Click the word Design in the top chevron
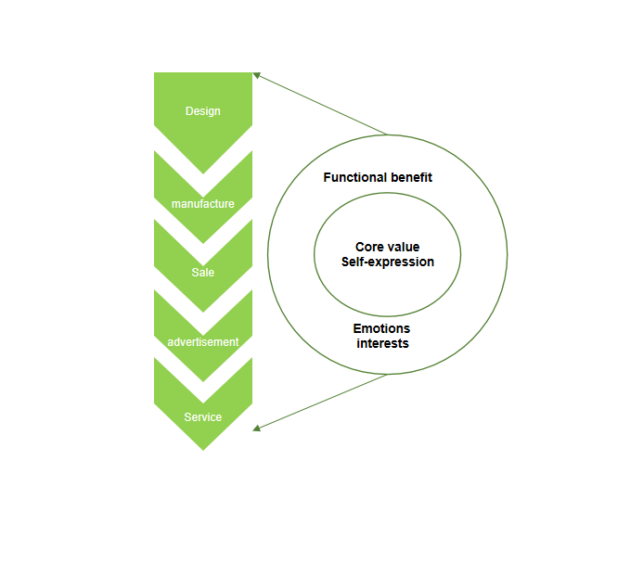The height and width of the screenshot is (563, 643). tap(203, 111)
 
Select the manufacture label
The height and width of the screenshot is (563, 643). tap(203, 204)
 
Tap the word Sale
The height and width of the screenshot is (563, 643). tap(203, 273)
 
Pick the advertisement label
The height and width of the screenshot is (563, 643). tap(203, 342)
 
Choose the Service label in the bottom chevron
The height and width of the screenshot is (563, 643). tap(203, 417)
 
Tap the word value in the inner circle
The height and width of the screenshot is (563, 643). tap(400, 247)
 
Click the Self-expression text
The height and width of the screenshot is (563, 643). tap(388, 262)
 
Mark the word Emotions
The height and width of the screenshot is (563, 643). tap(381, 328)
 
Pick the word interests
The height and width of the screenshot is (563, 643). tap(382, 343)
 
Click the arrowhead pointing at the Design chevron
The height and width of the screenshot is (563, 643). tap(257, 75)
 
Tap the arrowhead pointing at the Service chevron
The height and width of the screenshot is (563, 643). tap(257, 429)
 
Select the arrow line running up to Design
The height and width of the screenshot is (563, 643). tap(320, 104)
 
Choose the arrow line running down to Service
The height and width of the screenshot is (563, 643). tap(320, 402)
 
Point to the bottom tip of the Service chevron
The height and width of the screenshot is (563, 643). tap(203, 450)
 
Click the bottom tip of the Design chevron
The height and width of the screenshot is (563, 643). tap(203, 173)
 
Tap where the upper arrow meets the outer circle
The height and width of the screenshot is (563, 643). tap(387, 134)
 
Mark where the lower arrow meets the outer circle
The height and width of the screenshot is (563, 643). tap(387, 374)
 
